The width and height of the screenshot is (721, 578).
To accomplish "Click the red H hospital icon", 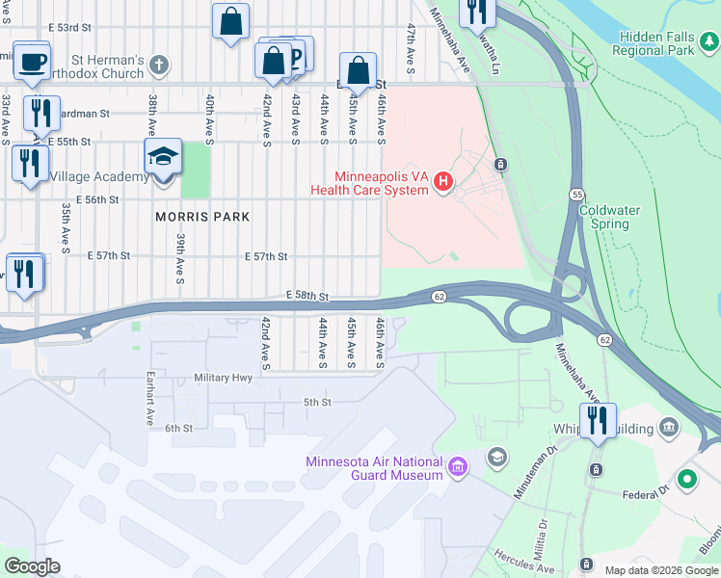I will (x=443, y=181).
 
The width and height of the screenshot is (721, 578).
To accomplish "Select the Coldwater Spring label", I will (x=604, y=217).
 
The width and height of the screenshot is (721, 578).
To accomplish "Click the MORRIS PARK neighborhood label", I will (x=202, y=218).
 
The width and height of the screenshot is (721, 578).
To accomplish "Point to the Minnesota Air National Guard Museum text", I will (x=374, y=467).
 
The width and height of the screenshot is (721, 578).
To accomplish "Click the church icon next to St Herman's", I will (x=160, y=66).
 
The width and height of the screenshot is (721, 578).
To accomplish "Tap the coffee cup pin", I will (x=32, y=61).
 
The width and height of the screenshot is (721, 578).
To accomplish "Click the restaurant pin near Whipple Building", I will (x=599, y=421).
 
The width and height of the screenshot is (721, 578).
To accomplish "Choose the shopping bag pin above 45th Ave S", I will (x=358, y=71).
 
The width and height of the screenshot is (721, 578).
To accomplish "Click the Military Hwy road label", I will (x=223, y=378).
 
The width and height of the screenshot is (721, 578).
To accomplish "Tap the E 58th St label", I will (x=307, y=297).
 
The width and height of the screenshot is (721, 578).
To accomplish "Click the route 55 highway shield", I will (x=575, y=194).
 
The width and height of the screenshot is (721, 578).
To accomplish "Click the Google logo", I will (x=33, y=566).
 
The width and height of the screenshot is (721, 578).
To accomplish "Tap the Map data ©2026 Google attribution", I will (x=661, y=570).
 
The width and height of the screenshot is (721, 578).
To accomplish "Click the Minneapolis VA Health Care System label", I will (x=369, y=183).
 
